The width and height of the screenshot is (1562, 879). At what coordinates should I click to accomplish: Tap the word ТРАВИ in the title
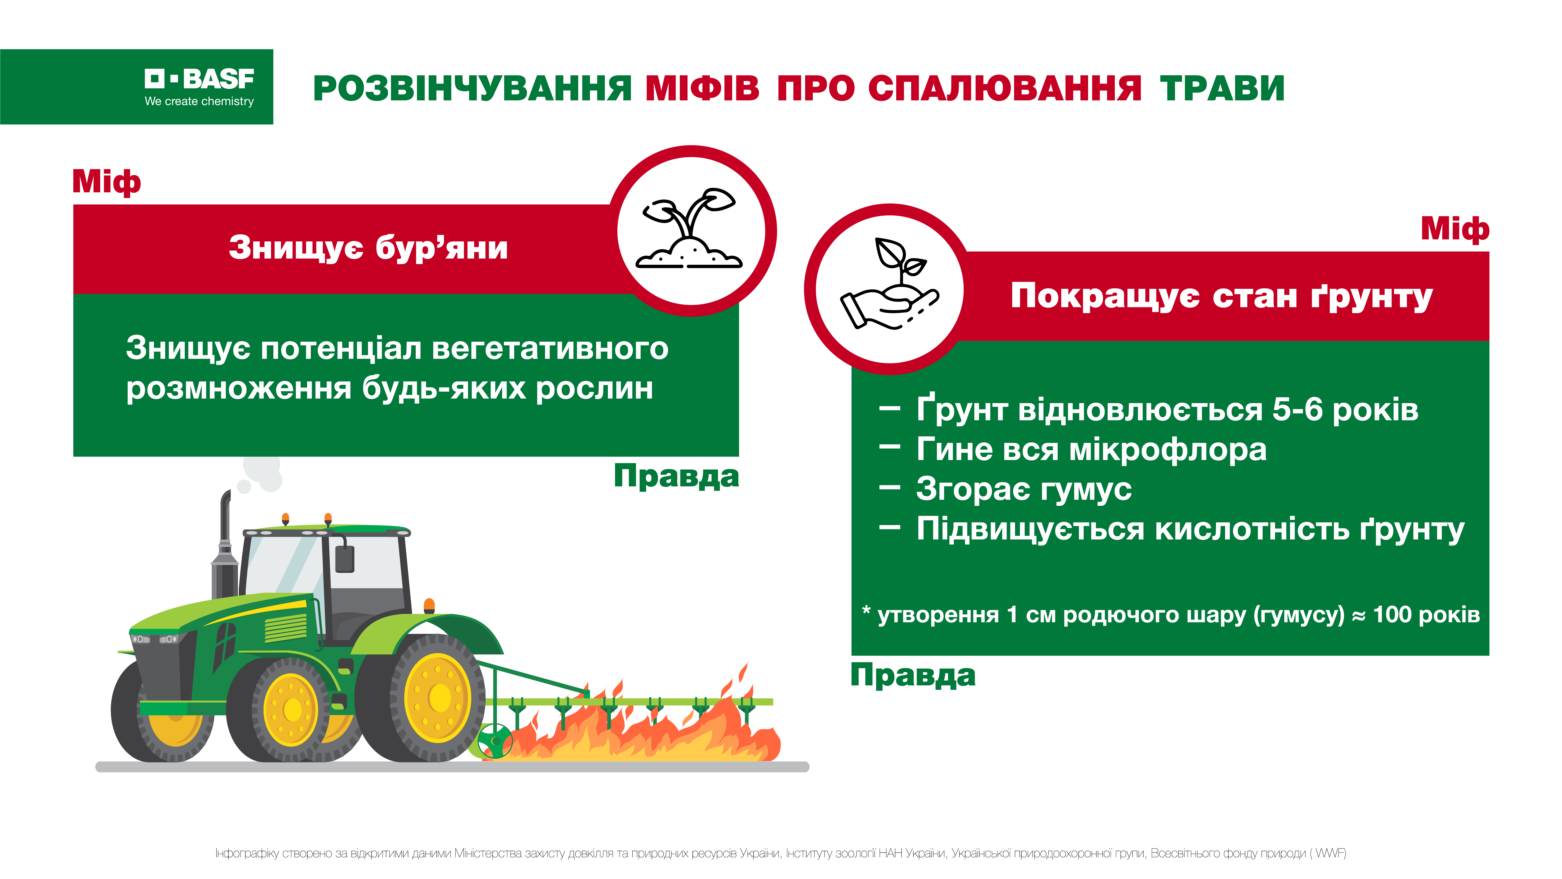[x=1222, y=89]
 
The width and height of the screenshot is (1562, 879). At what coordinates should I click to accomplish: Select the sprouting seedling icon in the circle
[x=689, y=229]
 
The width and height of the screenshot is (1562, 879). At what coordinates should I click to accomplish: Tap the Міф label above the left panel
[x=107, y=182]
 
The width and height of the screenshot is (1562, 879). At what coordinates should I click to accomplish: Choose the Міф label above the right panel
[x=1455, y=229]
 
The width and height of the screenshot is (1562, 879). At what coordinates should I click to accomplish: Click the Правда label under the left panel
[x=676, y=476]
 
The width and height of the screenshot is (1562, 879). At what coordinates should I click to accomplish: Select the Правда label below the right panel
[x=913, y=675]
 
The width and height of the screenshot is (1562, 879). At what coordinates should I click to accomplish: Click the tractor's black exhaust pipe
[x=224, y=546]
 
